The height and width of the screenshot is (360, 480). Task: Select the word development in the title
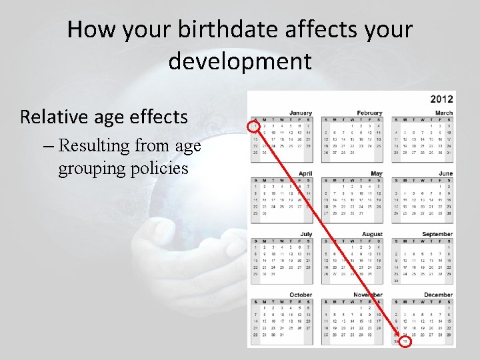(x=240, y=61)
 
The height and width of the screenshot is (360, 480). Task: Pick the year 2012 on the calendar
(x=441, y=99)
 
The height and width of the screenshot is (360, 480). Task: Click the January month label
(x=301, y=113)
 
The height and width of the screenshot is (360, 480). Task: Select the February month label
(x=369, y=113)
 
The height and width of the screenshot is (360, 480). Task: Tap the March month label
(x=444, y=113)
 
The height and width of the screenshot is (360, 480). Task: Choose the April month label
(x=305, y=173)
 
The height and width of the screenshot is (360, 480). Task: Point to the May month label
(x=377, y=173)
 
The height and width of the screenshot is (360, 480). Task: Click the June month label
(x=446, y=173)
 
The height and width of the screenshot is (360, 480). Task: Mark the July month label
(x=306, y=234)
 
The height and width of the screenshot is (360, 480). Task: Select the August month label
(x=372, y=234)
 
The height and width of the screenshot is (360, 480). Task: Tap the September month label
(x=437, y=234)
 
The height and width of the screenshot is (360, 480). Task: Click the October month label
(x=301, y=295)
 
